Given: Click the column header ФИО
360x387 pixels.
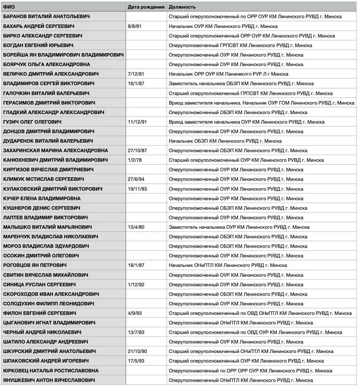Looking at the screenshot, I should (9, 7).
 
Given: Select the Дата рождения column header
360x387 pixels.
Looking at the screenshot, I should (146, 7).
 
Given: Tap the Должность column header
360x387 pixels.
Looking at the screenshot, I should (182, 7).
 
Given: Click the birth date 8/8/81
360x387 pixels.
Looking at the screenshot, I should (135, 26).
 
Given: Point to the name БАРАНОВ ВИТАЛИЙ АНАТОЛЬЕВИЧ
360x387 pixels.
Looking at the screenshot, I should (46, 17).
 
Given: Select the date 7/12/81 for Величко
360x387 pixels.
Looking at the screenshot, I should (136, 74).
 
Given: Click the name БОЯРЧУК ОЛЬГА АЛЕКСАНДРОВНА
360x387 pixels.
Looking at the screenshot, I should (47, 64).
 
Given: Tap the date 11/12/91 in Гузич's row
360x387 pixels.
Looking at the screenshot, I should (137, 122).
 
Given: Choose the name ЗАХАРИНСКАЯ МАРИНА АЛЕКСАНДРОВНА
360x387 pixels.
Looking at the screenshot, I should (56, 151).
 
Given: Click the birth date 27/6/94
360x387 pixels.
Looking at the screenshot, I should (136, 179).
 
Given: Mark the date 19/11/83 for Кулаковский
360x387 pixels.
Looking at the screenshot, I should (137, 189).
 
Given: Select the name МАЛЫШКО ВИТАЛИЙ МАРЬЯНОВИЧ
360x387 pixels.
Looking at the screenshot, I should (48, 227).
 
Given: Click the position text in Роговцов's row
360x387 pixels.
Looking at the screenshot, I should (228, 265).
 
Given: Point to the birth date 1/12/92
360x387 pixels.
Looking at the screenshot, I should (136, 284).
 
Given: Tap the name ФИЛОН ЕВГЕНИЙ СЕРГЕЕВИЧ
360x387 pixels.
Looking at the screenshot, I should (40, 313).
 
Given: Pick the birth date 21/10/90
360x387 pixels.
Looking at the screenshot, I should (137, 351).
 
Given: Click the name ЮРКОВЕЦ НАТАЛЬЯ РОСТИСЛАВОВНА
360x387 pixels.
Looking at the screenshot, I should (51, 370).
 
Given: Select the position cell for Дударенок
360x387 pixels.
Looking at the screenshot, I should (225, 141).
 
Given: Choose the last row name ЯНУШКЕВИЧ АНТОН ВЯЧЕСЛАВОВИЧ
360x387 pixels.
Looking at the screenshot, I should (49, 380).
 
